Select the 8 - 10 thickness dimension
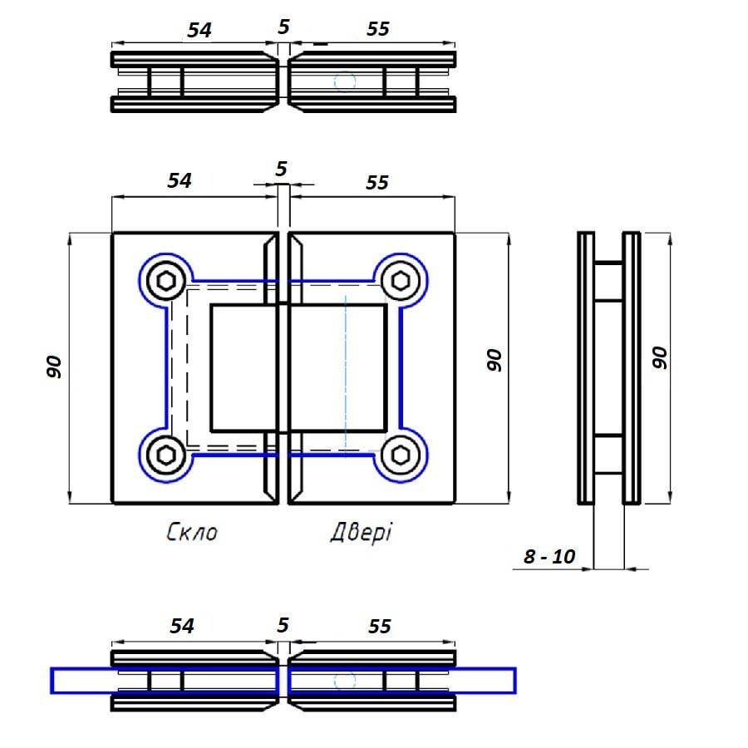(549, 556)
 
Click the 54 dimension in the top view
(199, 29)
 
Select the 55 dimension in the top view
(377, 29)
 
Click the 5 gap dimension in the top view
(284, 26)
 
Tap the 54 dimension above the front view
(180, 180)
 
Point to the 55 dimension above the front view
(376, 182)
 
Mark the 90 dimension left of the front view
(55, 367)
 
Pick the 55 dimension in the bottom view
(378, 626)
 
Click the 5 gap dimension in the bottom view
(283, 623)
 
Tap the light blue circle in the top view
(343, 81)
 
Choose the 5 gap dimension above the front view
(282, 169)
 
